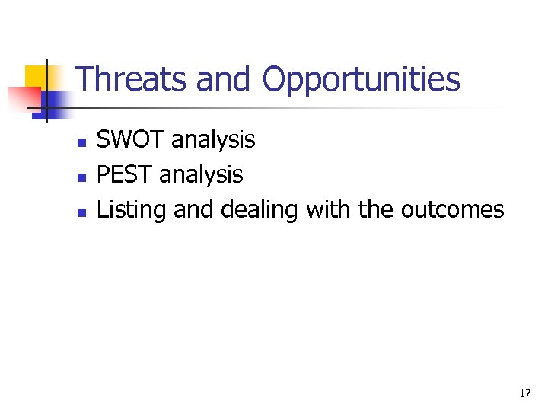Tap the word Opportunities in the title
click(362, 80)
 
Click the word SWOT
click(131, 140)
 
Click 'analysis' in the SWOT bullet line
click(213, 140)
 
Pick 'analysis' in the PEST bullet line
click(201, 175)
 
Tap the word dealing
click(259, 209)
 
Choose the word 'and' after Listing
click(194, 209)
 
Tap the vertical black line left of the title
click(46, 90)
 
